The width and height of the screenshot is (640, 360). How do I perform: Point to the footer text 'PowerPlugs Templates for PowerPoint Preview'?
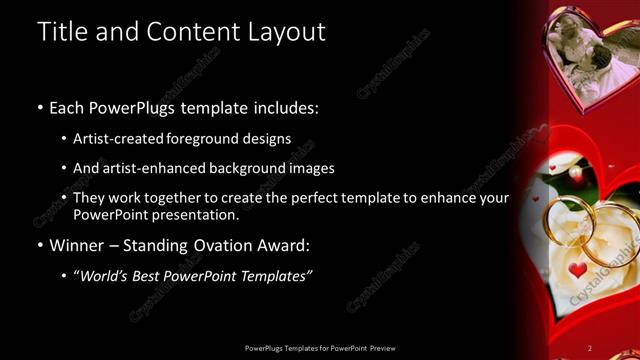(320, 348)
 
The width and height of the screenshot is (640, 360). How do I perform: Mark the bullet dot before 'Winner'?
(39, 245)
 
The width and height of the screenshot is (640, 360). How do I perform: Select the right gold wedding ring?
(608, 235)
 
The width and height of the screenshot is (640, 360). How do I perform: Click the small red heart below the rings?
(577, 270)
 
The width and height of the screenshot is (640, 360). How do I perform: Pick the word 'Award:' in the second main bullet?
(288, 244)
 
